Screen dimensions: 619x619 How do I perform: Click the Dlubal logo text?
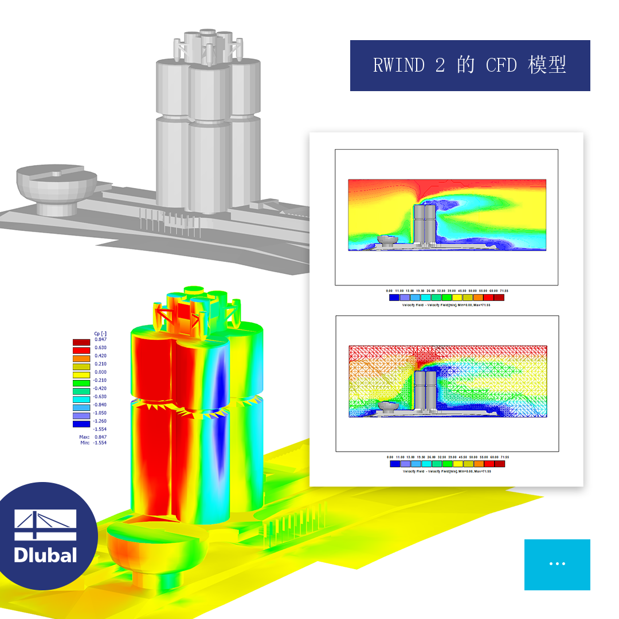coord(45,554)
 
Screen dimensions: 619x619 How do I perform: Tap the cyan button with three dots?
coord(557,565)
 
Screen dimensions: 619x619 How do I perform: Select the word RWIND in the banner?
coord(399,65)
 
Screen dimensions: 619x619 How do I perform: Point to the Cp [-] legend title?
coord(100,333)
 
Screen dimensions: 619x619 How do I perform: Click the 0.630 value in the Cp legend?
coord(100,348)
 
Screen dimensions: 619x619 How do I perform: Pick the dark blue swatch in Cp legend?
coord(81,424)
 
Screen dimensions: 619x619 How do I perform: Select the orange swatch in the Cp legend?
coord(81,356)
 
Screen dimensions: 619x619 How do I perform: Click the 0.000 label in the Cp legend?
coord(100,372)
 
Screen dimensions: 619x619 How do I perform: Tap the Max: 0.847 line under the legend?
coord(92,437)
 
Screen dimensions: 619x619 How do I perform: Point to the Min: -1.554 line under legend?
coord(92,442)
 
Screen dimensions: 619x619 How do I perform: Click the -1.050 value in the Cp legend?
coord(100,413)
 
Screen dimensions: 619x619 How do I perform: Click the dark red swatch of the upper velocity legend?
coord(499,297)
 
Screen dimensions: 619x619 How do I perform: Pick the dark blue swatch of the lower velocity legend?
coord(394,464)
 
